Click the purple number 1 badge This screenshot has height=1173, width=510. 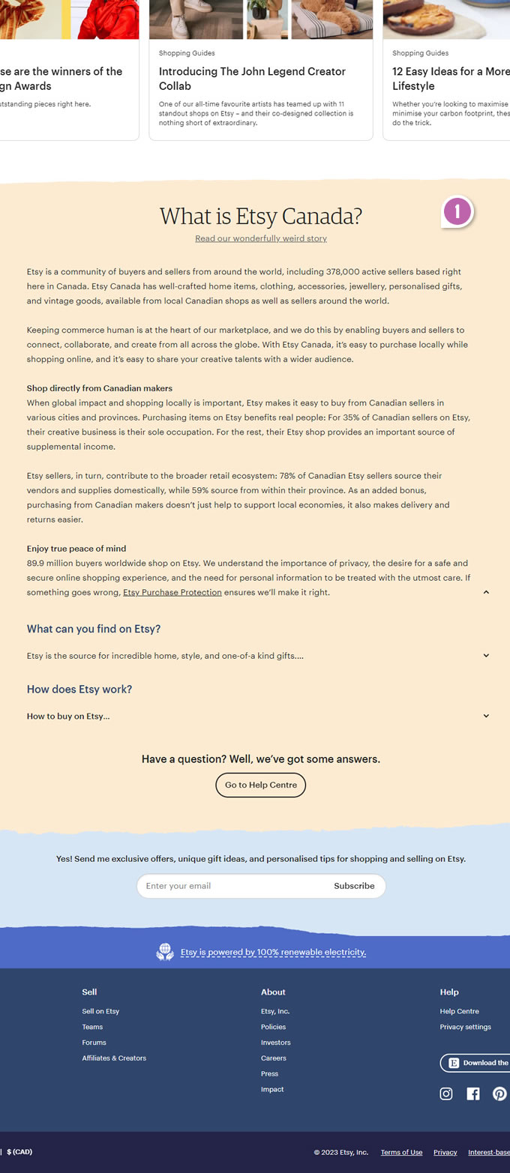coord(457,211)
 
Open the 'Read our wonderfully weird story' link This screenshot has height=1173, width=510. coord(261,238)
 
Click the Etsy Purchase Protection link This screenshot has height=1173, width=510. coord(172,592)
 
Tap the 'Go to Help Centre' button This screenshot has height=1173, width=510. coord(261,785)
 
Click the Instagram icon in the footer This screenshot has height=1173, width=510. coord(446,1094)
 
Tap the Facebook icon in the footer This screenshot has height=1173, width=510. coord(473,1094)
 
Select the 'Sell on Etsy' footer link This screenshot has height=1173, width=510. coord(100,1011)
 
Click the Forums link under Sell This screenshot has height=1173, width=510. coord(94,1043)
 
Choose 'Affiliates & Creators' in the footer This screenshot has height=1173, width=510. coord(114,1058)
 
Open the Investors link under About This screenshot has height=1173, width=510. coord(275,1043)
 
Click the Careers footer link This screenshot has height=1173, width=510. coord(274,1058)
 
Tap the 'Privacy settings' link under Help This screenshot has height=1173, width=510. coord(465,1027)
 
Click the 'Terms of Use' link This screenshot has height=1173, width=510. coord(401,1152)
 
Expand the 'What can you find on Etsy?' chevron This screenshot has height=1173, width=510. coord(486,656)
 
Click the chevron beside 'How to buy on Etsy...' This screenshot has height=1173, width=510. coord(486,716)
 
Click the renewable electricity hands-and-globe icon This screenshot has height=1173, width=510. coord(165,952)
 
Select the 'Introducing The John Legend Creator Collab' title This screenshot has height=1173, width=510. coord(252,79)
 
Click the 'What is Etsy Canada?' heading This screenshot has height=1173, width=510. coord(261,217)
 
